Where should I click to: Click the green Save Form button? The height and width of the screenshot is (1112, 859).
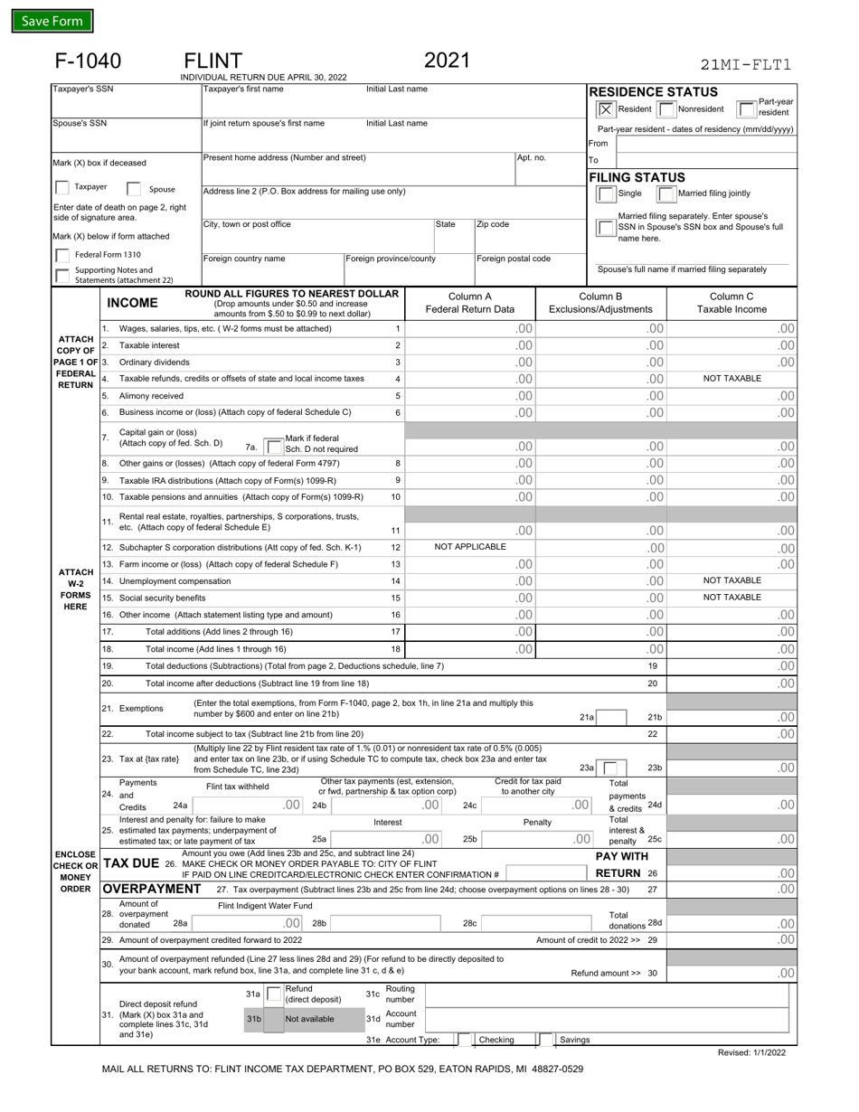click(52, 21)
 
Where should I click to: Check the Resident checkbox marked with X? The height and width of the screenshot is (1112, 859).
click(606, 108)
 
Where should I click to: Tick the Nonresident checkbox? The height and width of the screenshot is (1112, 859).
click(665, 108)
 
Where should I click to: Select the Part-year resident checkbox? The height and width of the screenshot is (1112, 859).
click(747, 108)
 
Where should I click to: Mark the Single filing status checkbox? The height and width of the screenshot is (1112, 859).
click(606, 193)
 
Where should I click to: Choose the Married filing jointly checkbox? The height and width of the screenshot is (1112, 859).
click(665, 193)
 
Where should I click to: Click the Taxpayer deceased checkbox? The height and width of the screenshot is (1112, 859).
click(61, 188)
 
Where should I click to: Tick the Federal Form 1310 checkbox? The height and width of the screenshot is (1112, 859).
click(61, 255)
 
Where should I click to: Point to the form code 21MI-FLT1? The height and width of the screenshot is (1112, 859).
click(746, 64)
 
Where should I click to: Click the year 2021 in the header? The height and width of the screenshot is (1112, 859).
click(448, 61)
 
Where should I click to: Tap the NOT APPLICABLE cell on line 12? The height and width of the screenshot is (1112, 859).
click(470, 547)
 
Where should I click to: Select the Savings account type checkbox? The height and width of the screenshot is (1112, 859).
click(545, 1040)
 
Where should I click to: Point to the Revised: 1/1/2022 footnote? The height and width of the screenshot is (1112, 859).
click(751, 1053)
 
